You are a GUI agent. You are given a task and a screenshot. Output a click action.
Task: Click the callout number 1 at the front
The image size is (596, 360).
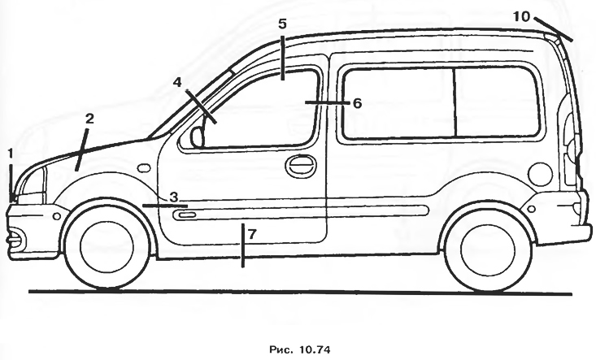11,154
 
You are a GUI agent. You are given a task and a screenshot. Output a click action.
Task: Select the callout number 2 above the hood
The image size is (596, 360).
89,119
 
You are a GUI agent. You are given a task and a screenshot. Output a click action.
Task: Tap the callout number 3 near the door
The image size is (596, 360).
173,197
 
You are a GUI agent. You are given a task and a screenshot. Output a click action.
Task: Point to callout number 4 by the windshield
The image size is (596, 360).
178,82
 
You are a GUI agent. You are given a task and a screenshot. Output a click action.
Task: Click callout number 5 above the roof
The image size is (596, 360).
282,24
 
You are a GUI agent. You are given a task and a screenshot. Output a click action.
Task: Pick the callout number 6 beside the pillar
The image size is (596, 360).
357,103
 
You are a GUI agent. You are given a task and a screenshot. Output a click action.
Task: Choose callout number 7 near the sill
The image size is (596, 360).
252,234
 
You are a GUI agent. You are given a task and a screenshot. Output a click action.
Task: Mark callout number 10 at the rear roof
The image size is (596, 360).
521,16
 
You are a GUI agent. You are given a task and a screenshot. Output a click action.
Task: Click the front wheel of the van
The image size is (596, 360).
107,245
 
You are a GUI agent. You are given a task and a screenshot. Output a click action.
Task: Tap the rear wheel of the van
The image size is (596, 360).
488,249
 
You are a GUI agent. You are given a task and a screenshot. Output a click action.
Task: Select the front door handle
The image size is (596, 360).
301,166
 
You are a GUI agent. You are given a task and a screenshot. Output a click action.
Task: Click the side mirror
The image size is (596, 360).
197,137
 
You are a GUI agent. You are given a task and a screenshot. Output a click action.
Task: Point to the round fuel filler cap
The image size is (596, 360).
540,174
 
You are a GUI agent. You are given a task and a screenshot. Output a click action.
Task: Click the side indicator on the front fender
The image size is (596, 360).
143,167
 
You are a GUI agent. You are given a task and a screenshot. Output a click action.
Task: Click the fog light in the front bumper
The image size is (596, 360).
16,238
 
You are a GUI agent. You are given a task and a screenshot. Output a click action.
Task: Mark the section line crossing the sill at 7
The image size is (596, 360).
243,245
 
